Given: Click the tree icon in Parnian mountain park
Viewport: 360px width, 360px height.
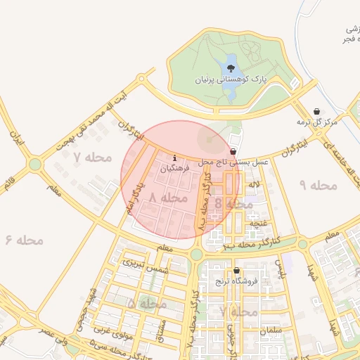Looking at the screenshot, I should pyautogui.click(x=231, y=67).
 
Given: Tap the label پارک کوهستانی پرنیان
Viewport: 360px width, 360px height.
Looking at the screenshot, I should pyautogui.click(x=232, y=81).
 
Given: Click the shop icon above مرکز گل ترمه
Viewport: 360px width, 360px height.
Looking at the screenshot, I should pyautogui.click(x=317, y=111).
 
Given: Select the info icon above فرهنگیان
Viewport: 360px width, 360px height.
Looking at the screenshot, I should pyautogui.click(x=174, y=157).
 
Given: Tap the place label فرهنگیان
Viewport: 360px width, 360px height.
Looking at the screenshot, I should pyautogui.click(x=174, y=169).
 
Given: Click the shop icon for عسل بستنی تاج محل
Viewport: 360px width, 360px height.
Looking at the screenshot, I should pyautogui.click(x=233, y=151).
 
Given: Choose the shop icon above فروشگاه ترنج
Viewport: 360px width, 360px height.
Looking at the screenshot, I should pyautogui.click(x=236, y=270).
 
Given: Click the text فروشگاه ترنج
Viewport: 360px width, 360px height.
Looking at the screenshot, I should pyautogui.click(x=237, y=281).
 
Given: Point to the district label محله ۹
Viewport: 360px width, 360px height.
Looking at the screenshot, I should pyautogui.click(x=319, y=185).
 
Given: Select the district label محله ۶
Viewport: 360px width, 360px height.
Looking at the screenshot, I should pyautogui.click(x=24, y=240).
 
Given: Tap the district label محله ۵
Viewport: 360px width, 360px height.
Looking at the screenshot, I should pyautogui.click(x=147, y=304).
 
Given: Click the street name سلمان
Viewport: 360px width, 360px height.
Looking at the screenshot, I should pyautogui.click(x=269, y=330).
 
